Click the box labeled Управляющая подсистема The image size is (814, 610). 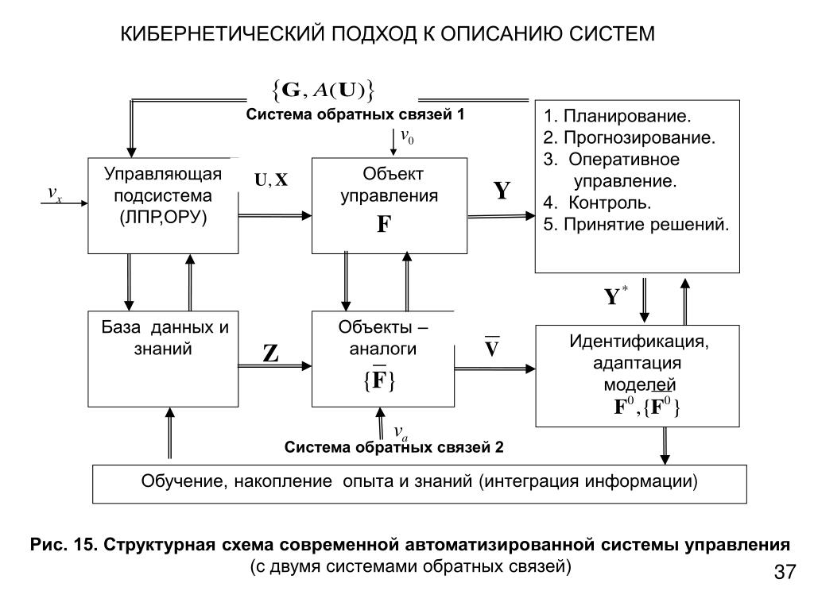pos(163,205)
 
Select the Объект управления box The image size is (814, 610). pos(390,205)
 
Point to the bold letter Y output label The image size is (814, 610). pos(502,191)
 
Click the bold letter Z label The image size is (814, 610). pos(270,353)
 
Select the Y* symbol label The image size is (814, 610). pos(614,297)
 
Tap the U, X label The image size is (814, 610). pos(270,180)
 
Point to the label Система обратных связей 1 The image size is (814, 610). pos(355,114)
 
